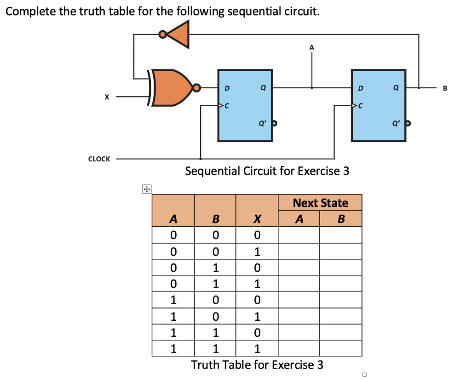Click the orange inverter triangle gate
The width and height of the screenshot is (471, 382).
pyautogui.click(x=179, y=34)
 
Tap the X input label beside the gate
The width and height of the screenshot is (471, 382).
pyautogui.click(x=107, y=97)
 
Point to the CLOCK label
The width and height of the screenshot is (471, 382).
pyautogui.click(x=99, y=159)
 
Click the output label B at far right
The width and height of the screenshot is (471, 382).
pyautogui.click(x=445, y=88)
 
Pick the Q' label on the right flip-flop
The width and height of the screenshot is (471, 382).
pyautogui.click(x=395, y=123)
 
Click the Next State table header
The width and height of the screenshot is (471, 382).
pyautogui.click(x=320, y=203)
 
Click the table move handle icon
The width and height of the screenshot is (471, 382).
pyautogui.click(x=146, y=188)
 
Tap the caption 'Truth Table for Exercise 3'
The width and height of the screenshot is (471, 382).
pyautogui.click(x=257, y=365)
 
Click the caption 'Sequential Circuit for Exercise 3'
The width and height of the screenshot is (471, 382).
pyautogui.click(x=267, y=171)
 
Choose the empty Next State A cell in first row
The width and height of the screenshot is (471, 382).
pyautogui.click(x=299, y=235)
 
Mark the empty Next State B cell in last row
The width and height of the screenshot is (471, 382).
pyautogui.click(x=340, y=348)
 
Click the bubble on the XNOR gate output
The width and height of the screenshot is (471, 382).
pyautogui.click(x=197, y=87)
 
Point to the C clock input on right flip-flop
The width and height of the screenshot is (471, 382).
pyautogui.click(x=360, y=106)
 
